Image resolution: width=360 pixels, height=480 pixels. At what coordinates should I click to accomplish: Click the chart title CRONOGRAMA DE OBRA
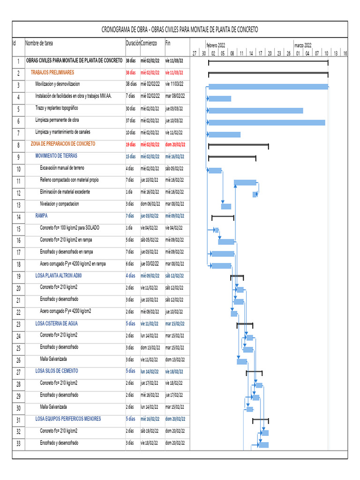tap(180, 30)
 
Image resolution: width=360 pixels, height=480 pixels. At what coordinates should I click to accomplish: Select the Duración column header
tap(133, 43)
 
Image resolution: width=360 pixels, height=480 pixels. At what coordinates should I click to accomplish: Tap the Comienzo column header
tap(149, 43)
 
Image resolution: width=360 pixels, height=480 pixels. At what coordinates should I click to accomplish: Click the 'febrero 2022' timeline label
tap(216, 45)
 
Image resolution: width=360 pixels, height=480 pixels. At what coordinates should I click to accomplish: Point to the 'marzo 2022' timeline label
tap(303, 45)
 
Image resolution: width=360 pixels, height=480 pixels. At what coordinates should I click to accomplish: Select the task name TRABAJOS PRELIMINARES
tap(52, 73)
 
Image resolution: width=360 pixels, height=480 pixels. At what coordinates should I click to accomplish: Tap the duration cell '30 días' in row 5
tap(131, 109)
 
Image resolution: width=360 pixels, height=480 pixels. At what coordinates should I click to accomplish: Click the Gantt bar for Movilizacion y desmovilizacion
tap(268, 87)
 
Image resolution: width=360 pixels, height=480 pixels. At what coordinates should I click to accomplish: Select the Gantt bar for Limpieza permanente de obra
tap(266, 122)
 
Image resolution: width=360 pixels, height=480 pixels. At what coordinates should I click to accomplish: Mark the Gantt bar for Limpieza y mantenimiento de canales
tap(224, 135)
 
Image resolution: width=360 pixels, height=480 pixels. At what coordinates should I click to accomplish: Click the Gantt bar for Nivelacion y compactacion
tap(226, 206)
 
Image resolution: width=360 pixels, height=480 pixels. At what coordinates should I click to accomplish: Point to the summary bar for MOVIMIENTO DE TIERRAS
tap(232, 157)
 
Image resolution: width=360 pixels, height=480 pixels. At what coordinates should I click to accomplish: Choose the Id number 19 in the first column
tap(18, 276)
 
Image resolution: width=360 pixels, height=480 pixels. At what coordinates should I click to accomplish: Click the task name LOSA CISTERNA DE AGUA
tap(57, 323)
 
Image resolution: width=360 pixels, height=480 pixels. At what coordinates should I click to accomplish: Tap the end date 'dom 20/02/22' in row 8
tap(175, 144)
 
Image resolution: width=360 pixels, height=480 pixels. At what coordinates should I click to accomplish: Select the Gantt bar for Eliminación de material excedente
tap(255, 194)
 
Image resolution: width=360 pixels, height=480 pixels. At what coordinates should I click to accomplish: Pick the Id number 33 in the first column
tap(18, 443)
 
